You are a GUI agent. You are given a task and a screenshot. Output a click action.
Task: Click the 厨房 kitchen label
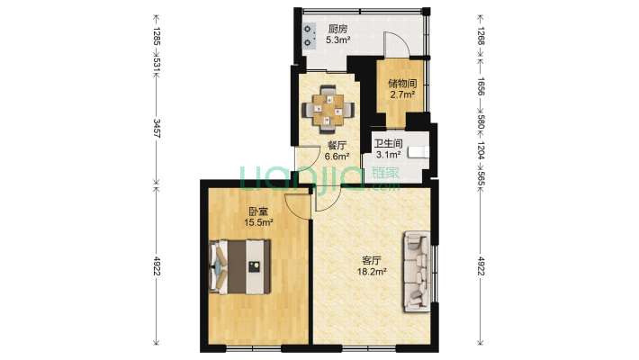[x=337, y=30]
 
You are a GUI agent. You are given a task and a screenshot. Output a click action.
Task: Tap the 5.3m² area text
[x=337, y=40]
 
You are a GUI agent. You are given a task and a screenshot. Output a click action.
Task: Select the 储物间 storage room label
[x=402, y=84]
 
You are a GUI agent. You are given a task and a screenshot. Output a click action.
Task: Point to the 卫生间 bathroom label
[x=389, y=144]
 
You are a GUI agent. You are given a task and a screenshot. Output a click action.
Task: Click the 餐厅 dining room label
[x=337, y=146]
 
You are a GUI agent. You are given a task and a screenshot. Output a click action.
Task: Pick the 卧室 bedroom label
[x=258, y=211]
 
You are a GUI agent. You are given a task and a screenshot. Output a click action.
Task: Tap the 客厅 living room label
[x=372, y=260]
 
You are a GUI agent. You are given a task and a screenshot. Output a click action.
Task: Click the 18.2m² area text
[x=372, y=272]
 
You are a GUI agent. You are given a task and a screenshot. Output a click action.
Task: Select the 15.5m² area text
[x=258, y=222]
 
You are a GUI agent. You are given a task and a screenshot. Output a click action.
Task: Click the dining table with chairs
[x=328, y=110]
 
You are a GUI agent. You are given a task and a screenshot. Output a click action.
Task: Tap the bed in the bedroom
[x=239, y=267]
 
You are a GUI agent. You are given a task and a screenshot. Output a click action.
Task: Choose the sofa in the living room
[x=417, y=272]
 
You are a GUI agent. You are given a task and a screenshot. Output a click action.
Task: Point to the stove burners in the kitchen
[x=308, y=35]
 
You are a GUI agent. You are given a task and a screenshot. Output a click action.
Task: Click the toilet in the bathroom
[x=418, y=152]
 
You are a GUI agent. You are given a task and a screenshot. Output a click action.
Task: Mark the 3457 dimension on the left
[x=157, y=129]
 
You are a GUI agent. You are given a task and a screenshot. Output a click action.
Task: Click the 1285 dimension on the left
[x=157, y=36]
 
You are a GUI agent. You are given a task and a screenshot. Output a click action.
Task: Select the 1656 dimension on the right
[x=481, y=86]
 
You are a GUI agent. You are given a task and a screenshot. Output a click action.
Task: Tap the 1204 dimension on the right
[x=481, y=151]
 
